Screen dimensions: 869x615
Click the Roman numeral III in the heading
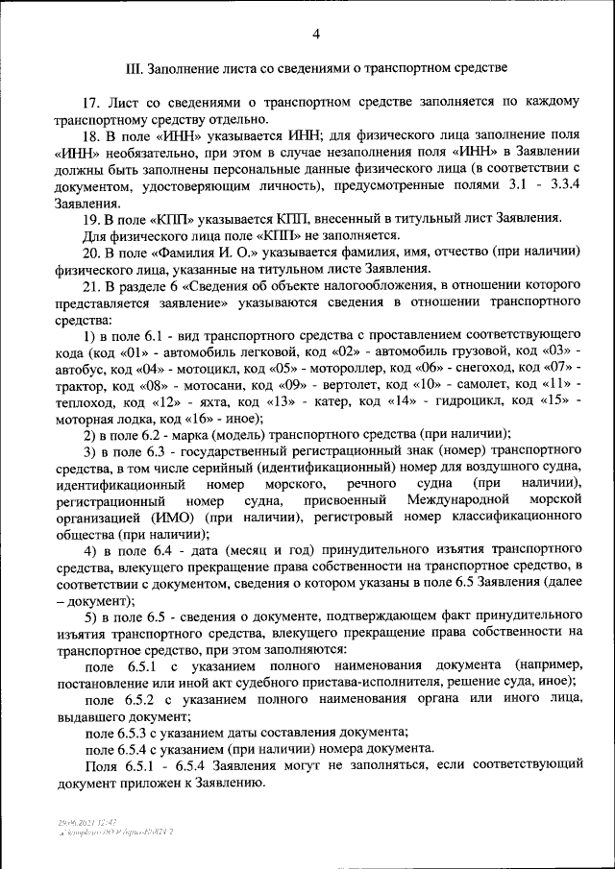click(135, 69)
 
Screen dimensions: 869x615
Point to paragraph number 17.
click(91, 102)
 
